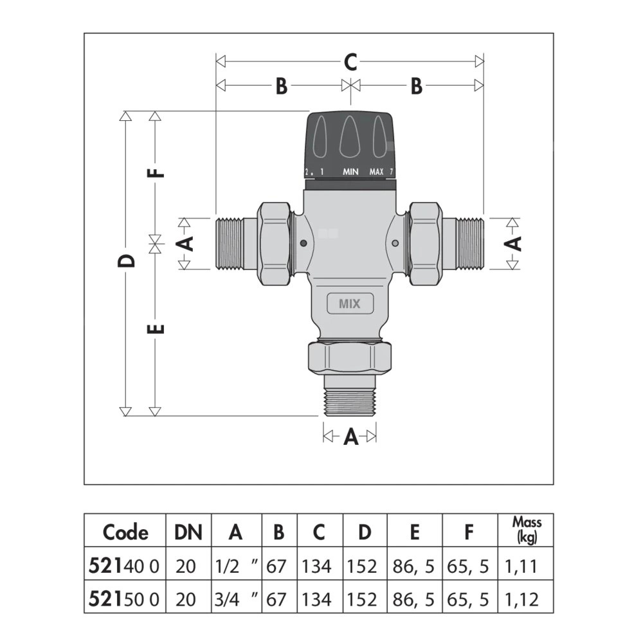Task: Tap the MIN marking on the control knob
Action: (x=350, y=172)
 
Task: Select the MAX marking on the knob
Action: (x=376, y=172)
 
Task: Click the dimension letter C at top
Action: (x=350, y=62)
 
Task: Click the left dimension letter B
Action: (x=281, y=86)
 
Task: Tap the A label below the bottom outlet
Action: (x=350, y=437)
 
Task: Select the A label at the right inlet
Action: (x=514, y=243)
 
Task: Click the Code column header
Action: (x=125, y=532)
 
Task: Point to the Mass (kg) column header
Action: (x=527, y=530)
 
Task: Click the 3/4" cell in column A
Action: (x=235, y=599)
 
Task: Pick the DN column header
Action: (x=188, y=532)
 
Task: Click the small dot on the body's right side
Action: (x=395, y=243)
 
